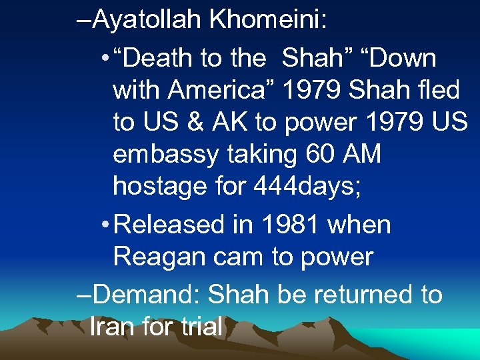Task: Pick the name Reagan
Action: click(x=155, y=257)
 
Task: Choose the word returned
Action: click(x=355, y=295)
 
